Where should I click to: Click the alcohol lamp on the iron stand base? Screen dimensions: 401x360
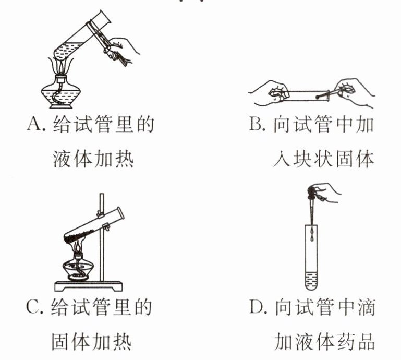click(79, 266)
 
